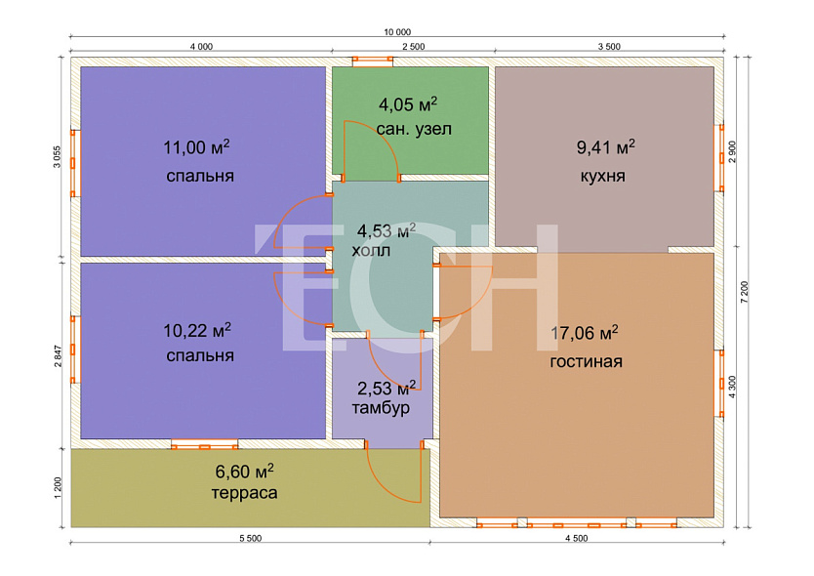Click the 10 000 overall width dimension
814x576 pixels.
[397, 32]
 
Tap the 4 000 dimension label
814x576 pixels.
[201, 47]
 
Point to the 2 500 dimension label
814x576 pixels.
[414, 47]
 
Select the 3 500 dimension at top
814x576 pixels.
[609, 47]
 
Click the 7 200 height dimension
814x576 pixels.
[745, 292]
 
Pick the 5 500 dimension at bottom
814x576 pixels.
[250, 539]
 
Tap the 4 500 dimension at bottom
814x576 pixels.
[576, 539]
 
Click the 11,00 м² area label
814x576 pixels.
[196, 147]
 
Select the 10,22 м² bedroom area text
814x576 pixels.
[197, 330]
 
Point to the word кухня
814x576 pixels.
[603, 176]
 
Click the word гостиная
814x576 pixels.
[587, 361]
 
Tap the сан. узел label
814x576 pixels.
[414, 129]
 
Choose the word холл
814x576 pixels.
[371, 251]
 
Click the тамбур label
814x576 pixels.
[381, 408]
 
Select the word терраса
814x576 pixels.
[244, 492]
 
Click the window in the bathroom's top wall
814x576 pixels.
[373, 62]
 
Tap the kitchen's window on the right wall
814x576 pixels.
[720, 158]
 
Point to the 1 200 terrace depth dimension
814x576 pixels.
[58, 488]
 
